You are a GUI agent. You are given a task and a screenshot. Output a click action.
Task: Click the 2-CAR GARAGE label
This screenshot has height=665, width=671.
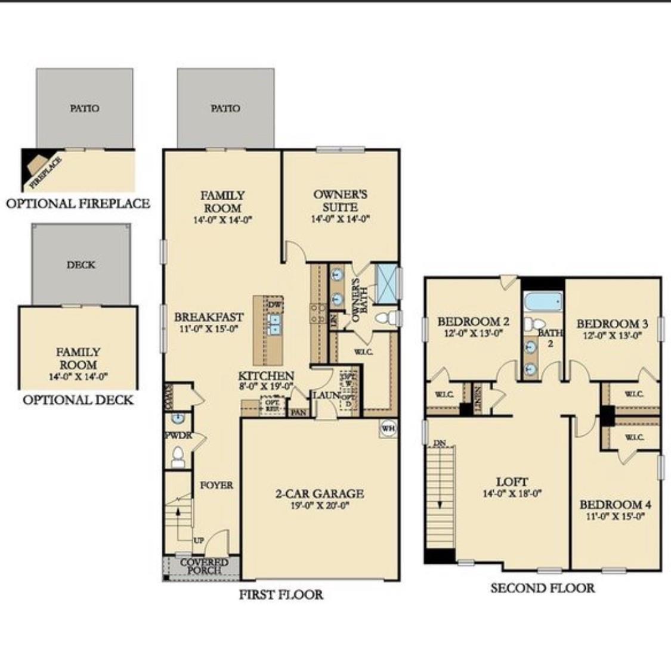click(319, 493)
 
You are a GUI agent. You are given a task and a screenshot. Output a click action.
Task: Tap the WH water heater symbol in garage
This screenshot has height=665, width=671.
click(388, 428)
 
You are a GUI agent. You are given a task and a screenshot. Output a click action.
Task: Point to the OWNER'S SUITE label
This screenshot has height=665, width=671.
click(340, 201)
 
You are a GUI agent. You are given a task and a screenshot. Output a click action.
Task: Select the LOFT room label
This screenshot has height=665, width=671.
click(512, 481)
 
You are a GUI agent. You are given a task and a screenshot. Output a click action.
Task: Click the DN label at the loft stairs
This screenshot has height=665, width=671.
click(440, 443)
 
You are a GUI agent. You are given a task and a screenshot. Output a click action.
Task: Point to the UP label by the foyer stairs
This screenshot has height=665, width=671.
click(199, 540)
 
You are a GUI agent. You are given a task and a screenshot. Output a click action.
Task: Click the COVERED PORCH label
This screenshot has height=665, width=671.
click(204, 566)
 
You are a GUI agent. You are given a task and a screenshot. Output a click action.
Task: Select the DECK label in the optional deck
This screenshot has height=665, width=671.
click(81, 265)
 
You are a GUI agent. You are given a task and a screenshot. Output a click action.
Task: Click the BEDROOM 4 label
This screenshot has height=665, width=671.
click(615, 505)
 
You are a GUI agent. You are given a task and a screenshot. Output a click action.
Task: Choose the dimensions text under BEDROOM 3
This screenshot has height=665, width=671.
click(612, 335)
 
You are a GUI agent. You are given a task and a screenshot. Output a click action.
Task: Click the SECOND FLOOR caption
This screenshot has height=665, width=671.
click(542, 588)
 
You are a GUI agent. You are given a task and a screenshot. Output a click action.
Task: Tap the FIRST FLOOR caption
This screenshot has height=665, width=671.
click(281, 594)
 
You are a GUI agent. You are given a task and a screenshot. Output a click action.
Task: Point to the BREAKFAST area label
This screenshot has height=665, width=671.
click(209, 317)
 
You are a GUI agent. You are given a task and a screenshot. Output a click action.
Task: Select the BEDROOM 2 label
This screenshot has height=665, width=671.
click(473, 322)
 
